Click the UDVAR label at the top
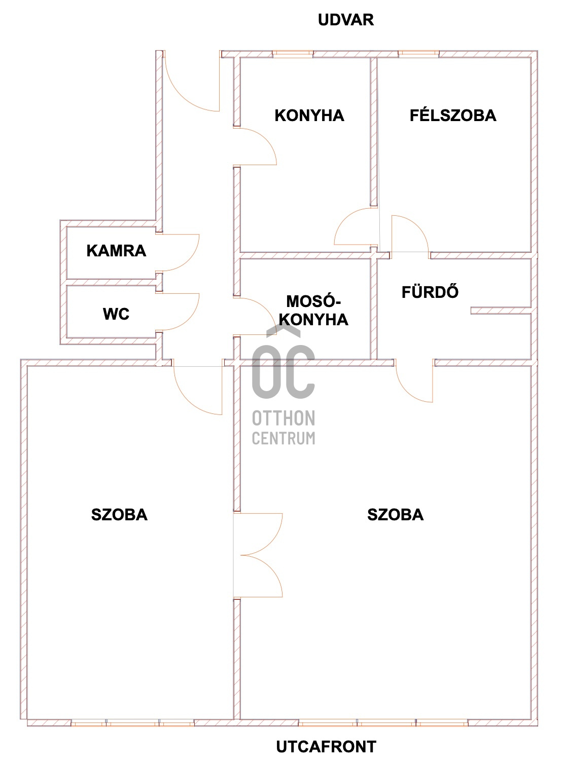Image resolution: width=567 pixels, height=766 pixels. [345, 20]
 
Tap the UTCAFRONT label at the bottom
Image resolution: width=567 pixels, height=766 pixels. [326, 746]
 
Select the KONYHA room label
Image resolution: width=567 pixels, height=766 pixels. [309, 116]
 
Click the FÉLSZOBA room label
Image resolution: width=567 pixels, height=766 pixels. [452, 115]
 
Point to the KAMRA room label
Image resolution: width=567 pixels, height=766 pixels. [116, 250]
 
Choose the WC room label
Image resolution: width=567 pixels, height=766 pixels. [116, 314]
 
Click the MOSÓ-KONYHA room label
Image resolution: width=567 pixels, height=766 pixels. [314, 311]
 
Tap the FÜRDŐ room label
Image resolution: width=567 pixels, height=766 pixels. [430, 292]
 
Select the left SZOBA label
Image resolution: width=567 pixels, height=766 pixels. [119, 515]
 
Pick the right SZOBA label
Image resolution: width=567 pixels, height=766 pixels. [395, 515]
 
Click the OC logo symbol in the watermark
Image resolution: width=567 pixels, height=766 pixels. [283, 365]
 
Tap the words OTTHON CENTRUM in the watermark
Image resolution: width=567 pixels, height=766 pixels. [283, 428]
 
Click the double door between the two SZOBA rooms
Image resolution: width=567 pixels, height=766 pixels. [259, 555]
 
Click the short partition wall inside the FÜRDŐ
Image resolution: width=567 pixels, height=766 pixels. [500, 310]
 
